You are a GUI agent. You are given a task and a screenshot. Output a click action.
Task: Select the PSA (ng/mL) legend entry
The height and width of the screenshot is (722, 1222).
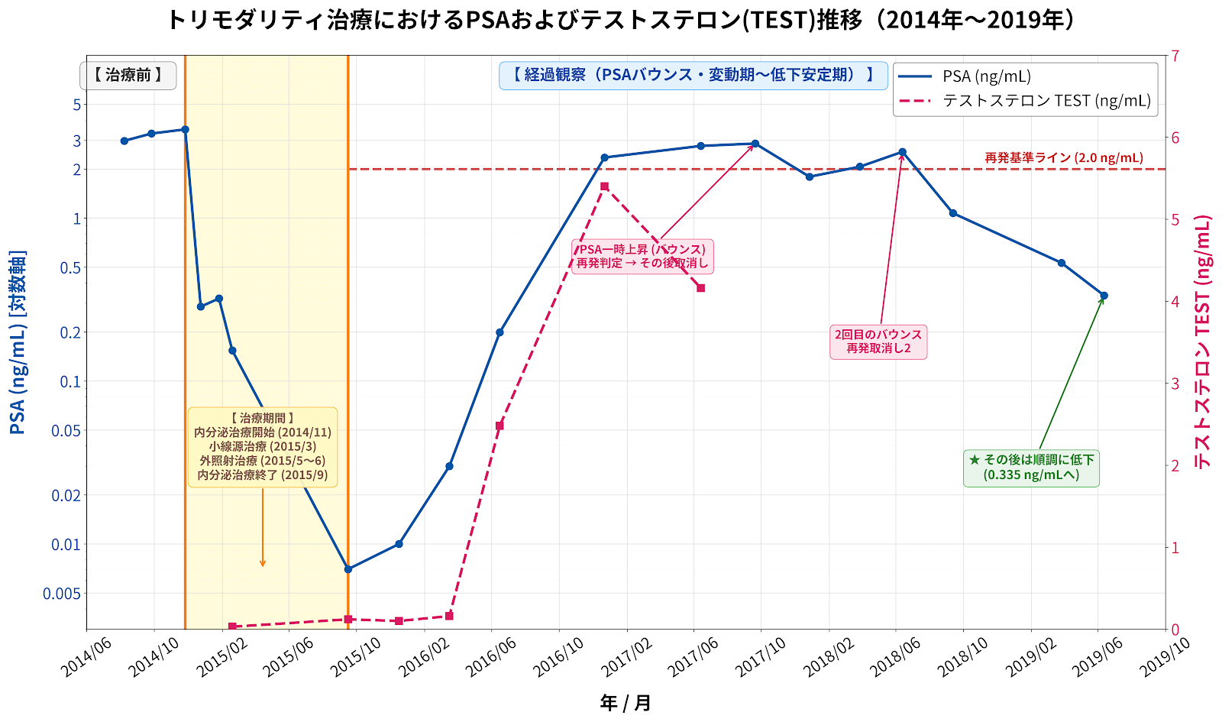(x=965, y=76)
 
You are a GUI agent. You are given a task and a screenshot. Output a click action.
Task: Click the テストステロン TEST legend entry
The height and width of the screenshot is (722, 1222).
(x=1024, y=100)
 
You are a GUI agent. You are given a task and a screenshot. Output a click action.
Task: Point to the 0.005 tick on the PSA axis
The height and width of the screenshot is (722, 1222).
(x=62, y=593)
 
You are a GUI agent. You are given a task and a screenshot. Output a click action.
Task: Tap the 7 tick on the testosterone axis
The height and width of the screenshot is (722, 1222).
(x=1175, y=56)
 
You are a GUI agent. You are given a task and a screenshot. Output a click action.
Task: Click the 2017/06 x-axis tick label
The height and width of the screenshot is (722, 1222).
(x=693, y=658)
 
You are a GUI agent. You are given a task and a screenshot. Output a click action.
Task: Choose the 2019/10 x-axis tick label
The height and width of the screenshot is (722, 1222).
(x=1165, y=658)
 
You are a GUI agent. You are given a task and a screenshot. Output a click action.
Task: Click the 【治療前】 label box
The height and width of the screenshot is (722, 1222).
(x=128, y=76)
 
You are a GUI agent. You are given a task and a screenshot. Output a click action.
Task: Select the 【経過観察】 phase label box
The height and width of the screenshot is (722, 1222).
(x=693, y=76)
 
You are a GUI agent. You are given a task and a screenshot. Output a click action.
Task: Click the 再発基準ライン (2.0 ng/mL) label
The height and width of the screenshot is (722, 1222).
(x=1064, y=157)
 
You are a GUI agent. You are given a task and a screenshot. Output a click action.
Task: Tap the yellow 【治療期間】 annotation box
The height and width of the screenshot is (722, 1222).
(x=263, y=447)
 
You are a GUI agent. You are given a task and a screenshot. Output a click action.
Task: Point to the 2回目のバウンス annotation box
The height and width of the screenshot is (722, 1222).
(x=878, y=342)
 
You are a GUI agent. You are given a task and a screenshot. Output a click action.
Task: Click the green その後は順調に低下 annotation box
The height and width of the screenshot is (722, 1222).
(x=1031, y=468)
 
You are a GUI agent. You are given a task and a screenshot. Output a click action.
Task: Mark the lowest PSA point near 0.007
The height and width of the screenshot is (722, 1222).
(x=348, y=569)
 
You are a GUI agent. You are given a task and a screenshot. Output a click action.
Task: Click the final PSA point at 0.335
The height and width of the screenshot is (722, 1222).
(x=1104, y=296)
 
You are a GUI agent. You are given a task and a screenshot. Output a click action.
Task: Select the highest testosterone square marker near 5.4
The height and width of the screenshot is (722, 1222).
(x=604, y=186)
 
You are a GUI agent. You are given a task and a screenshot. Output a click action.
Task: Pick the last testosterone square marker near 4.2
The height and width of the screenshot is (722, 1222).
(x=701, y=288)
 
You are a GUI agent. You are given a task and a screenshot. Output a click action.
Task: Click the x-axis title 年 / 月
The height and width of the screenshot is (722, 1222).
(x=626, y=703)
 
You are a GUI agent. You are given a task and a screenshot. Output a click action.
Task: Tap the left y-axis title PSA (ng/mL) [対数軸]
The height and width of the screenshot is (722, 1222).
(x=18, y=342)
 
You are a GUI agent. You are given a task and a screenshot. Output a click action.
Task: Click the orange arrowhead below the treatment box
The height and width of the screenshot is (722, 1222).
(x=263, y=563)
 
